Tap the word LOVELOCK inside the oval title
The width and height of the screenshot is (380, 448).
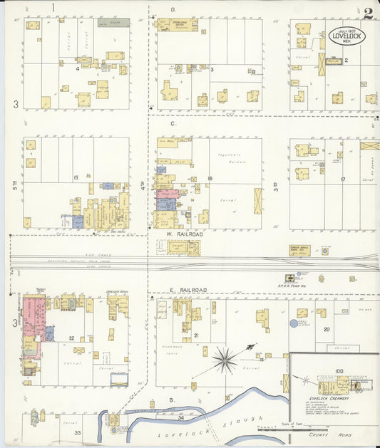[x=345, y=33]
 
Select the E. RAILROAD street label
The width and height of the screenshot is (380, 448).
[x=189, y=290]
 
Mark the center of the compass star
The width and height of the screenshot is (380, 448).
[x=224, y=359]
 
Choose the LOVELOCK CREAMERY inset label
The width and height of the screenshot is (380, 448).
[x=323, y=398]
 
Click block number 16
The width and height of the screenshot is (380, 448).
[x=210, y=178]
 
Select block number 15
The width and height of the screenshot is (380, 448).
[x=75, y=177]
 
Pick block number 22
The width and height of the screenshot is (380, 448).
[x=72, y=338]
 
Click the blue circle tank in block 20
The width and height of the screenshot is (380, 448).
[x=294, y=323]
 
